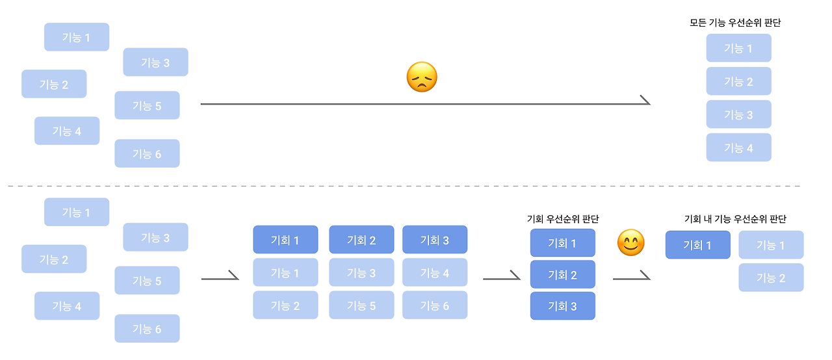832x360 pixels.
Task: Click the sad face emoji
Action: [x=422, y=77]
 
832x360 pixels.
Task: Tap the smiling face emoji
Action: [x=630, y=243]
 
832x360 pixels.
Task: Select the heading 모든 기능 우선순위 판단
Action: [x=735, y=23]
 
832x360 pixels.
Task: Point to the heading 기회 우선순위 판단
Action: [x=563, y=219]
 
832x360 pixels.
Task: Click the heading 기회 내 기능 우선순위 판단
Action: [x=735, y=219]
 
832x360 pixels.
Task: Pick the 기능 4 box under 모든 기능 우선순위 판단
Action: [x=739, y=148]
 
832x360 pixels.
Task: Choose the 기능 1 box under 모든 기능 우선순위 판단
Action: [x=739, y=48]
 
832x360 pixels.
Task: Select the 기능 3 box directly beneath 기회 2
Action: [x=361, y=272]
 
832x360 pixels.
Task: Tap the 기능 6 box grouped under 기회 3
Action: [x=435, y=305]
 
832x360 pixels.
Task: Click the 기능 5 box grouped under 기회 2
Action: [x=361, y=305]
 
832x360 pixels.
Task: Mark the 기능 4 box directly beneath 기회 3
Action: [x=435, y=272]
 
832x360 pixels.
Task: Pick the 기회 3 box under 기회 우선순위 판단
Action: [x=563, y=306]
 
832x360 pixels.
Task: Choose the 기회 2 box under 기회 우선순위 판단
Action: [x=563, y=274]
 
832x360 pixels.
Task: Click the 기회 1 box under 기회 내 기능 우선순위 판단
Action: [x=698, y=245]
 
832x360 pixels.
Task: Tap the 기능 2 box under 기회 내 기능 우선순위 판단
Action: [x=771, y=277]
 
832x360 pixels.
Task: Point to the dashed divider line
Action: [x=404, y=186]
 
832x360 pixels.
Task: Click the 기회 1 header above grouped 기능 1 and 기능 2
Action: [x=285, y=240]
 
